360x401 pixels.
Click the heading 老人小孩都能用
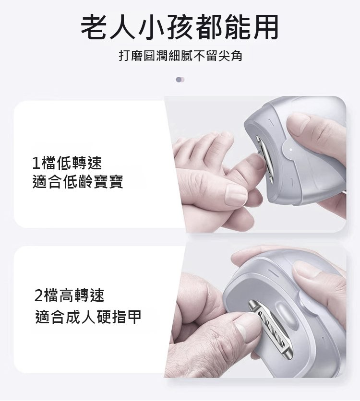[180, 27]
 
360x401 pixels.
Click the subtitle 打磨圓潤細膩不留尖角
[180, 56]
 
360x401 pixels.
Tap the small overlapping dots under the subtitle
[180, 80]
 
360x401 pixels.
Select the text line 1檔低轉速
[67, 163]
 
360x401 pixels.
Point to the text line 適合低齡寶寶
[78, 182]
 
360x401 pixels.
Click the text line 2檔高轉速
[69, 295]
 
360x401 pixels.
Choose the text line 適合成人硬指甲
[88, 317]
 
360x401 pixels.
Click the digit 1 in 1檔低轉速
[36, 164]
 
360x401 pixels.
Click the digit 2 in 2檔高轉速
[38, 296]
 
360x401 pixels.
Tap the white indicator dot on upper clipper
[291, 149]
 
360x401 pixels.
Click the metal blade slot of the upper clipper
[264, 159]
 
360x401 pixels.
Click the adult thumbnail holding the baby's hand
[236, 195]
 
